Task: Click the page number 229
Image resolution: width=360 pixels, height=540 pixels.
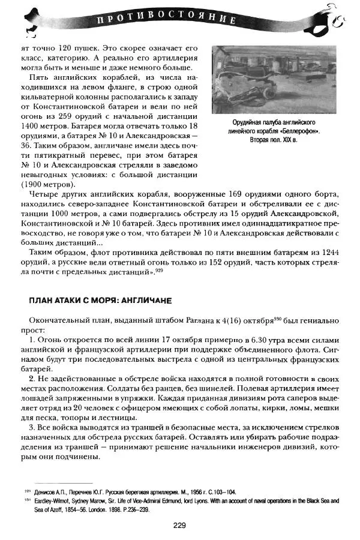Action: click(180, 526)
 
